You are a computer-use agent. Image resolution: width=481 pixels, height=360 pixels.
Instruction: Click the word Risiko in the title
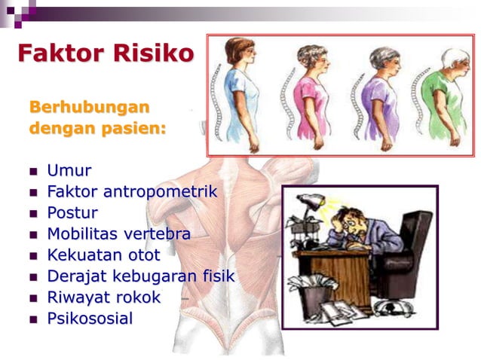tap(154, 53)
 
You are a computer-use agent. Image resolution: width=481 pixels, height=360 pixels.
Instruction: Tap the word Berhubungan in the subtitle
tap(89, 106)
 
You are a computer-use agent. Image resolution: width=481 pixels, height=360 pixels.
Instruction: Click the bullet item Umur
tap(69, 171)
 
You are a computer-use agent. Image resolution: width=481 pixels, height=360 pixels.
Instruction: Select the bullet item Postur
tap(72, 213)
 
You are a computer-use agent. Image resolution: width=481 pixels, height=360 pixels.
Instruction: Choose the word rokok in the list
tap(136, 297)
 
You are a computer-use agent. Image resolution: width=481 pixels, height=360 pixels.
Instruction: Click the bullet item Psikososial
tap(90, 319)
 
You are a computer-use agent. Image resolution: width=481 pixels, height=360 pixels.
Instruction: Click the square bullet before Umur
tap(33, 172)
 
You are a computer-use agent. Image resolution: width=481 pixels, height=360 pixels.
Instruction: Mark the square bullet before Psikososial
tap(33, 319)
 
